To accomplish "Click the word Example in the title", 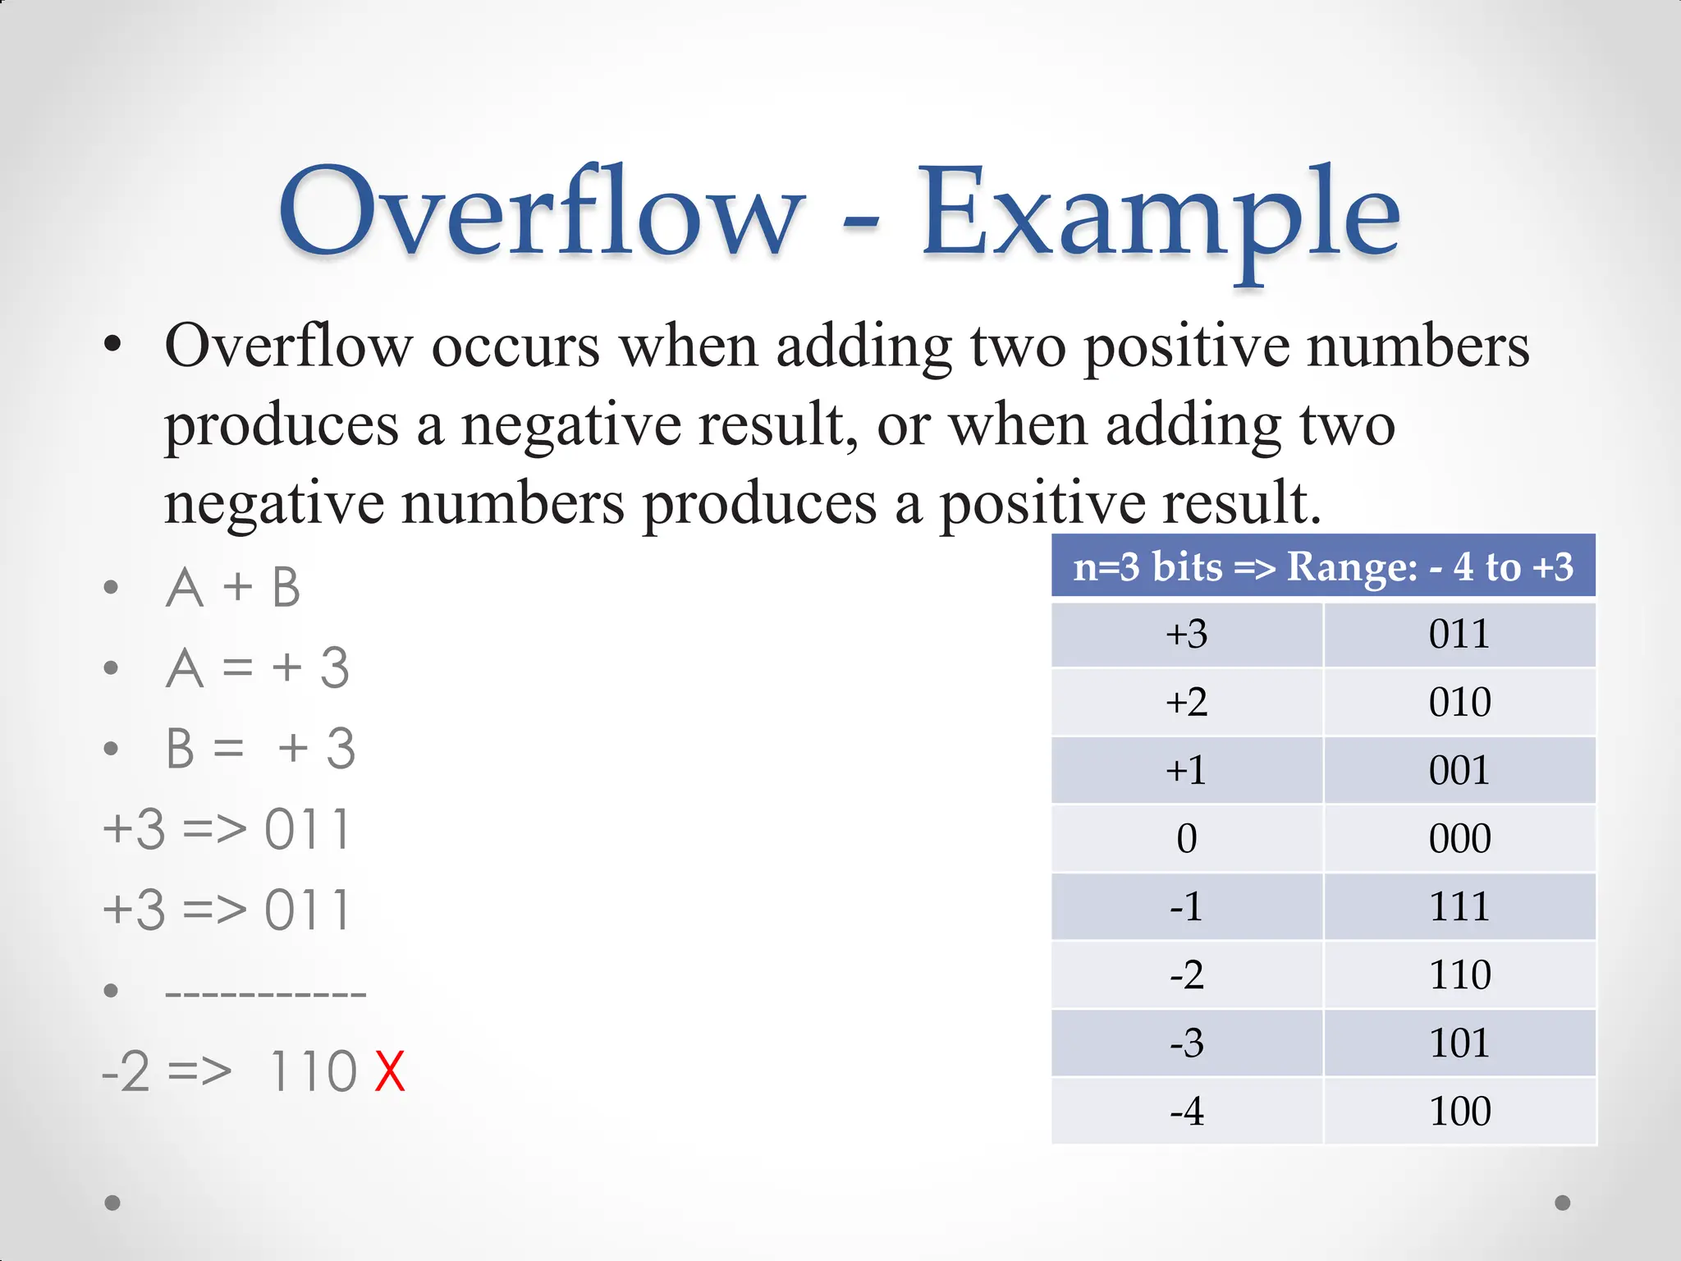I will (1158, 215).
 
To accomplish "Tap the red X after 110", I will (390, 1071).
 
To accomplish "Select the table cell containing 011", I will (1459, 635).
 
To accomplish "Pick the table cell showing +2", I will (1186, 703).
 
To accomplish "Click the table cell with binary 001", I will (1459, 771).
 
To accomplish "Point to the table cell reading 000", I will (1459, 839).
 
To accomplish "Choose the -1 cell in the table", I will (1186, 907).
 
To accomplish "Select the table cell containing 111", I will (1459, 907).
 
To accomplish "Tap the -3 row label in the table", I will (1186, 1043).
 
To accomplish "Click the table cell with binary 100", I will (1459, 1112).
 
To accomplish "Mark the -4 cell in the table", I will (1186, 1112).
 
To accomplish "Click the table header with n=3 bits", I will (1323, 566).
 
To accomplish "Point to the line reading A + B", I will (233, 588).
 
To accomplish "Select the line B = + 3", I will (260, 749).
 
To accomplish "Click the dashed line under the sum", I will (265, 993).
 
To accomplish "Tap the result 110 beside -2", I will (313, 1071).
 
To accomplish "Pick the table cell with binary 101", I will (1459, 1043).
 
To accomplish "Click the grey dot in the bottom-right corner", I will (1563, 1203).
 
